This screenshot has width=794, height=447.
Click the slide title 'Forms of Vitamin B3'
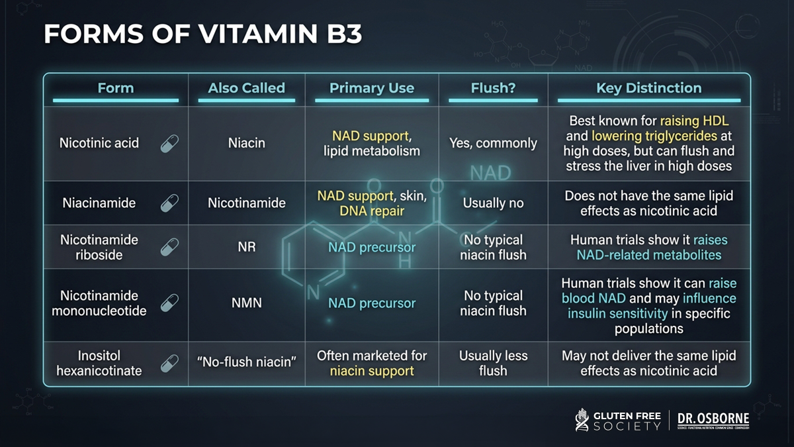click(x=202, y=34)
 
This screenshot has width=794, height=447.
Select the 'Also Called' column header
click(x=247, y=88)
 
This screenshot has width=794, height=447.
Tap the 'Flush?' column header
click(x=493, y=88)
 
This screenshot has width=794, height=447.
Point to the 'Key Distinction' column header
click(x=649, y=88)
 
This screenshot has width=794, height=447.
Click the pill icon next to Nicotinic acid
click(x=169, y=144)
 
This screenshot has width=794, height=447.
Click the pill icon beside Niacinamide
click(x=169, y=203)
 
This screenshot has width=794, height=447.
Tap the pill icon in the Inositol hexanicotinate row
click(x=169, y=364)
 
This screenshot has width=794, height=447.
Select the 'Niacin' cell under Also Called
click(x=247, y=143)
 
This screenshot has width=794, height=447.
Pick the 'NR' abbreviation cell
click(x=247, y=247)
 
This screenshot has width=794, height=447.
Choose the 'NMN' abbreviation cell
click(x=247, y=303)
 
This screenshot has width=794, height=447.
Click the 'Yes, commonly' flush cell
click(x=493, y=143)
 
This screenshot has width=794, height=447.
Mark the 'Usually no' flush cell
click(x=493, y=203)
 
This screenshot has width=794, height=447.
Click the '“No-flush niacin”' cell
click(x=247, y=362)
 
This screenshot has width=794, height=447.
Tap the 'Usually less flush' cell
click(x=493, y=364)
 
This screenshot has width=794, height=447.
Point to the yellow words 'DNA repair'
click(x=372, y=211)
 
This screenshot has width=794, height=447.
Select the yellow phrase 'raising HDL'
click(x=694, y=121)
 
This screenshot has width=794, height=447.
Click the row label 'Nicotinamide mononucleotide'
click(x=99, y=303)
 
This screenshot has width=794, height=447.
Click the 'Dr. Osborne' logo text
click(x=713, y=419)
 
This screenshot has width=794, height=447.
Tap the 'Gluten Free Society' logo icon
click(x=582, y=420)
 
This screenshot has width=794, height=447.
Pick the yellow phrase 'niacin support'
click(x=372, y=371)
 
